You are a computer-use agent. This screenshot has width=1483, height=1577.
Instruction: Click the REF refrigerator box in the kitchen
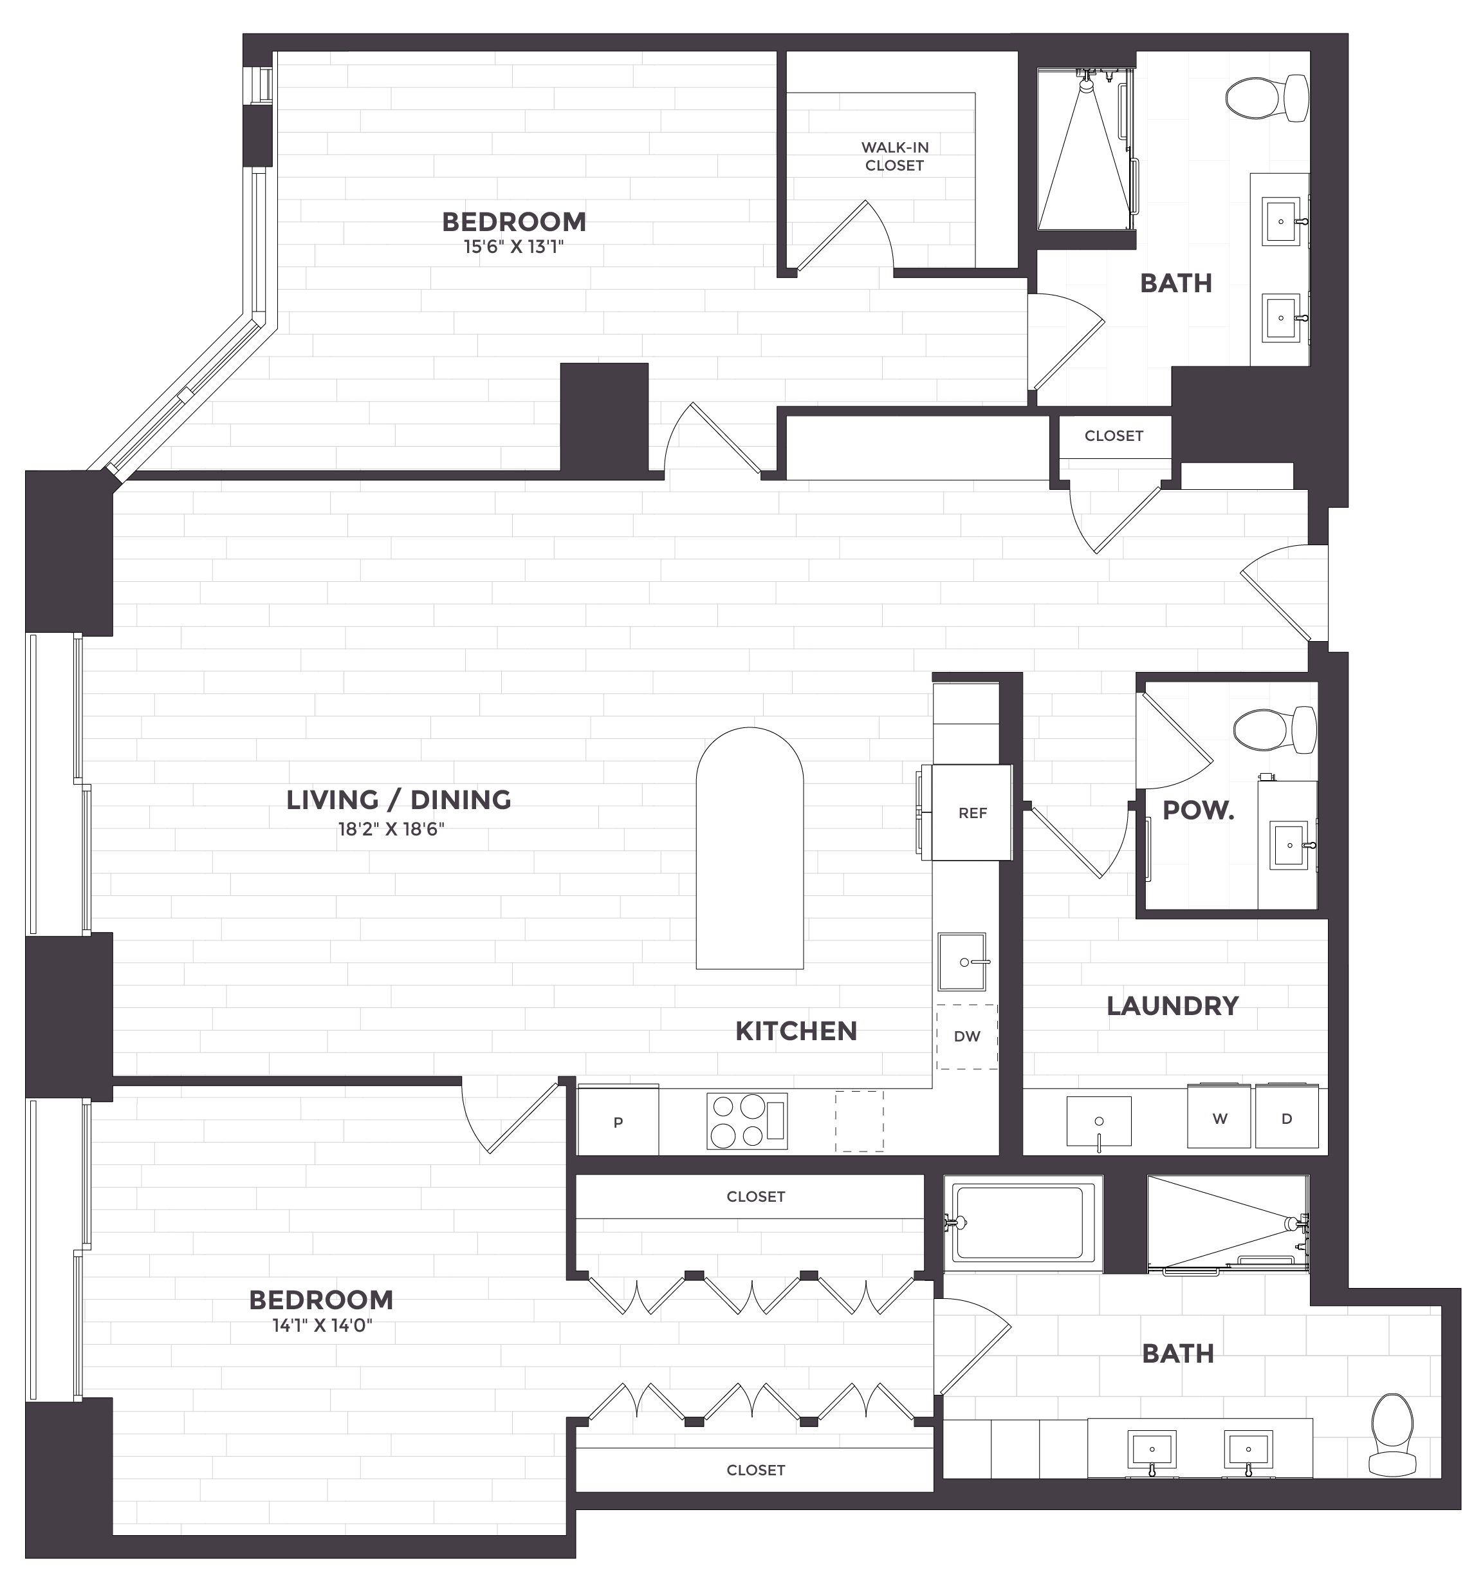click(x=972, y=812)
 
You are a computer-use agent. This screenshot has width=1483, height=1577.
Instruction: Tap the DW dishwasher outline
click(x=967, y=1036)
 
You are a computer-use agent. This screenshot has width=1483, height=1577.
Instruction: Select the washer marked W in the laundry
click(x=1219, y=1119)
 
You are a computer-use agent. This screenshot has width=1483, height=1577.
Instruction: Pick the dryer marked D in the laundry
click(x=1286, y=1119)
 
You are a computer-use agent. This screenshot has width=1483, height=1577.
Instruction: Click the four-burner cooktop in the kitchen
click(x=746, y=1121)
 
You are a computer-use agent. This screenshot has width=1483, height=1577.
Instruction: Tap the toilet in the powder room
click(x=1274, y=729)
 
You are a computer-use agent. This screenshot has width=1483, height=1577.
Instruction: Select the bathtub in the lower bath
click(x=1019, y=1223)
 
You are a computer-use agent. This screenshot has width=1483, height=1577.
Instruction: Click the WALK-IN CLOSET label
click(x=894, y=156)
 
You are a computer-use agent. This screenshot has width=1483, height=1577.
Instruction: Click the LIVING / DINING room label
click(x=399, y=799)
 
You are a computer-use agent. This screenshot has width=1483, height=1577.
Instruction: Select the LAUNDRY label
click(x=1172, y=1006)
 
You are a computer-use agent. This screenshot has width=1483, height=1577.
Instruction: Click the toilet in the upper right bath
click(x=1266, y=98)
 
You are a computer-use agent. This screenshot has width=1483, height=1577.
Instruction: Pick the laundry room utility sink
click(x=1098, y=1121)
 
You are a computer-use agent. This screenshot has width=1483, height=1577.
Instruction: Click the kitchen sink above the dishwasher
click(x=962, y=962)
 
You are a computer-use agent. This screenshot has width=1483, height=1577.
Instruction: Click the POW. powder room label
click(x=1197, y=811)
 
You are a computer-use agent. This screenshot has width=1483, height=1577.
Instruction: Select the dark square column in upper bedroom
click(x=604, y=416)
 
